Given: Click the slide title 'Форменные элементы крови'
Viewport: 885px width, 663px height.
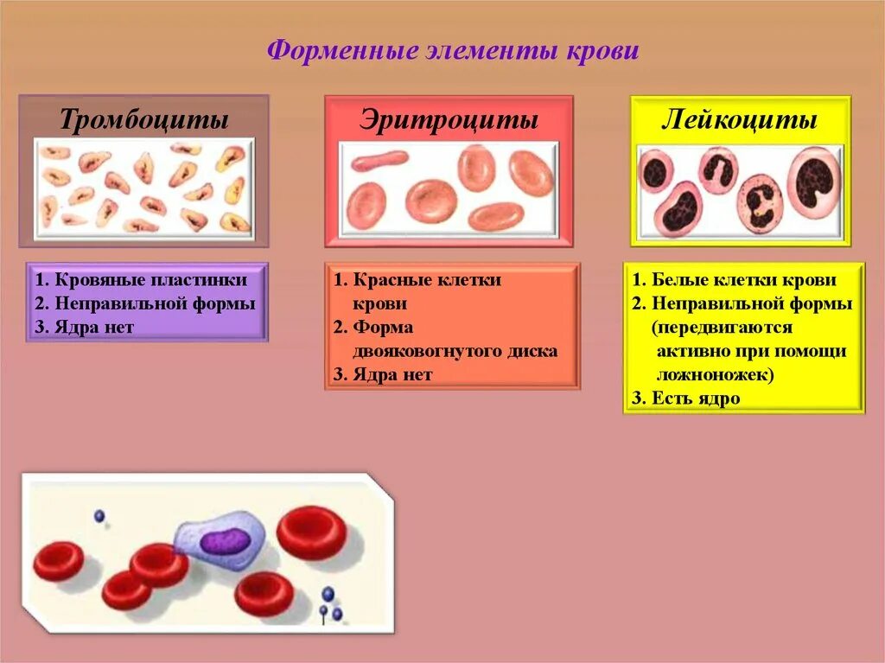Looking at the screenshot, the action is tap(452, 51).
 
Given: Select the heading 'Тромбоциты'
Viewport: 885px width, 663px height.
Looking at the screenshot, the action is tap(144, 119).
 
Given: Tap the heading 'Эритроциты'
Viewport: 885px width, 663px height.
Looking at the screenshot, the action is tap(449, 119).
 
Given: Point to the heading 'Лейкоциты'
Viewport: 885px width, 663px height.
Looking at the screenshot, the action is tap(740, 119).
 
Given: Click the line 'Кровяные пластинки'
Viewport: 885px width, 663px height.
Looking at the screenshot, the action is tap(150, 280).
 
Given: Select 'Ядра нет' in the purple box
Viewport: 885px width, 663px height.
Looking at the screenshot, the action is tap(94, 327).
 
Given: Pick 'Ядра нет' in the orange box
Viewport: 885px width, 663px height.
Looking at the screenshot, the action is tap(392, 374).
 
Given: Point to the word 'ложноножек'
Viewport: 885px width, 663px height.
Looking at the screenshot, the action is tap(714, 375).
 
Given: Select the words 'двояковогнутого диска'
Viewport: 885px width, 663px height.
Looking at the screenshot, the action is tap(455, 351).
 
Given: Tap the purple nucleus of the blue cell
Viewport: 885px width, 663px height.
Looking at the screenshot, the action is tap(225, 541).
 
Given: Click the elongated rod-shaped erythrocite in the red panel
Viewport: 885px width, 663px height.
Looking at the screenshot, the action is tap(379, 161).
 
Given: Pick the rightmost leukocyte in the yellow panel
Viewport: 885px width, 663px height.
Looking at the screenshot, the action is tap(813, 182).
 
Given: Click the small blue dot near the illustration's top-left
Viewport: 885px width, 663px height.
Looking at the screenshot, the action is tap(99, 516).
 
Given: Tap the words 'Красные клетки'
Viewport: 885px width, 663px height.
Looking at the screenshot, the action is tap(427, 280).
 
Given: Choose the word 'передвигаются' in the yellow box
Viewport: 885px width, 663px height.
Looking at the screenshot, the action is tap(723, 328).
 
